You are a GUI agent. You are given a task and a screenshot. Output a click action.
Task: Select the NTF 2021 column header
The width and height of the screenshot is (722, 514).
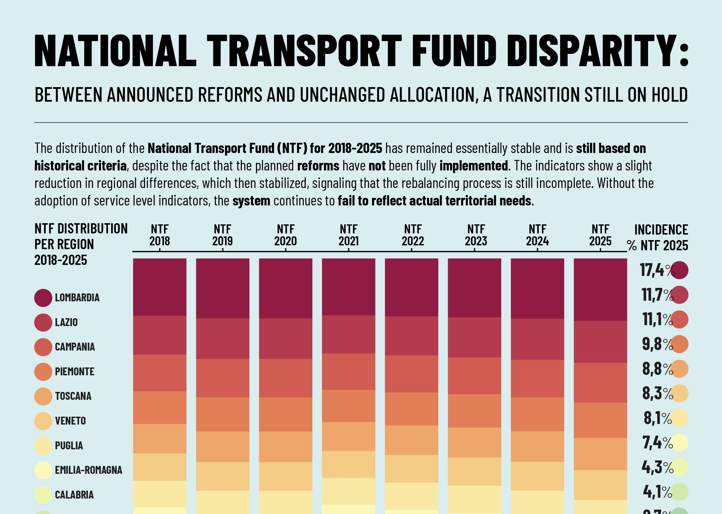tap(348, 235)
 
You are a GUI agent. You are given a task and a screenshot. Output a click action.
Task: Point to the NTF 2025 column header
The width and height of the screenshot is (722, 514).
tap(600, 235)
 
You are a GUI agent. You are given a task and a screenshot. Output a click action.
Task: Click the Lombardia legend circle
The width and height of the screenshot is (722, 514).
tap(43, 298)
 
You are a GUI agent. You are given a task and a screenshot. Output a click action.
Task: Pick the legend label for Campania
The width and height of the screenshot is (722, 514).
tap(75, 347)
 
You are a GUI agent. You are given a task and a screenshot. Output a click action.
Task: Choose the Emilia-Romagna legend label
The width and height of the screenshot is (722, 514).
tap(88, 470)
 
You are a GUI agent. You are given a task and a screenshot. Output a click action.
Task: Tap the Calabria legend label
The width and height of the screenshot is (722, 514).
tap(74, 495)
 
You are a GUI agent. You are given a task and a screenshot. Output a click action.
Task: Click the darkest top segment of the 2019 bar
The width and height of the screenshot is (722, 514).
tap(222, 288)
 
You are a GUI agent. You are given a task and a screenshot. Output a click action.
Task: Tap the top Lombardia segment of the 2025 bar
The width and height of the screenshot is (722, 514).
tap(600, 289)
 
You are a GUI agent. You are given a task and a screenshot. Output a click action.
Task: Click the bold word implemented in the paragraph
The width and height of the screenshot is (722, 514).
tap(474, 166)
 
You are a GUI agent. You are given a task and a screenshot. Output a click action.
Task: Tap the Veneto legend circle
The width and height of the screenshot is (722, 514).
tap(43, 421)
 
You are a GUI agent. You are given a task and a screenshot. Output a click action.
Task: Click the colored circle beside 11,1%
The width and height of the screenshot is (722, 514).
tap(679, 320)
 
